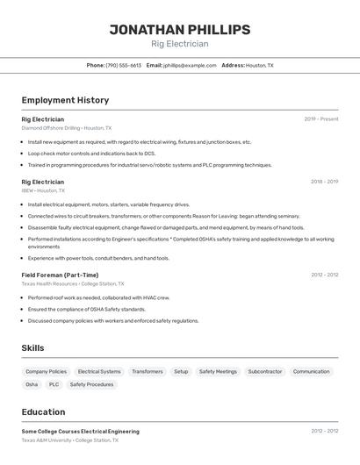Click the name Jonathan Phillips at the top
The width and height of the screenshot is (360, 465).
(x=179, y=30)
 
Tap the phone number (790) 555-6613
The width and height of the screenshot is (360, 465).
(x=124, y=65)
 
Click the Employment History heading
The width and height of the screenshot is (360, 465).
(x=65, y=100)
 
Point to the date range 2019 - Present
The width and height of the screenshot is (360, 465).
(x=321, y=119)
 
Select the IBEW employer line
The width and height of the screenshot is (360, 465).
(x=43, y=190)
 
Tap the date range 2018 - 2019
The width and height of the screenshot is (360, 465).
(x=324, y=182)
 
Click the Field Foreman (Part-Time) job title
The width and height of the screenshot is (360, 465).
(x=60, y=275)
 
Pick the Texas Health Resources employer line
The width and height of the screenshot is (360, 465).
(x=73, y=283)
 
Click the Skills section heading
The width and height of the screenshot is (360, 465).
(x=32, y=348)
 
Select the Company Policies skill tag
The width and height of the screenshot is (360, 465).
(x=46, y=371)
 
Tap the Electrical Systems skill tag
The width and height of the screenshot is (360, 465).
(x=99, y=371)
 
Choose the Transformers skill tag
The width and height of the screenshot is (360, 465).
(x=147, y=371)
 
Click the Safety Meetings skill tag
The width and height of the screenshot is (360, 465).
(x=218, y=371)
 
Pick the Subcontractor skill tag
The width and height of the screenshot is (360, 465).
(x=264, y=371)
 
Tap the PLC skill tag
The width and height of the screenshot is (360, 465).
(x=54, y=384)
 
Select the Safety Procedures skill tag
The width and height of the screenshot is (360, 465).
(x=91, y=384)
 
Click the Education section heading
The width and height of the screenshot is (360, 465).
(x=43, y=411)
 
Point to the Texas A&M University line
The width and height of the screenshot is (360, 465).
(x=69, y=440)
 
